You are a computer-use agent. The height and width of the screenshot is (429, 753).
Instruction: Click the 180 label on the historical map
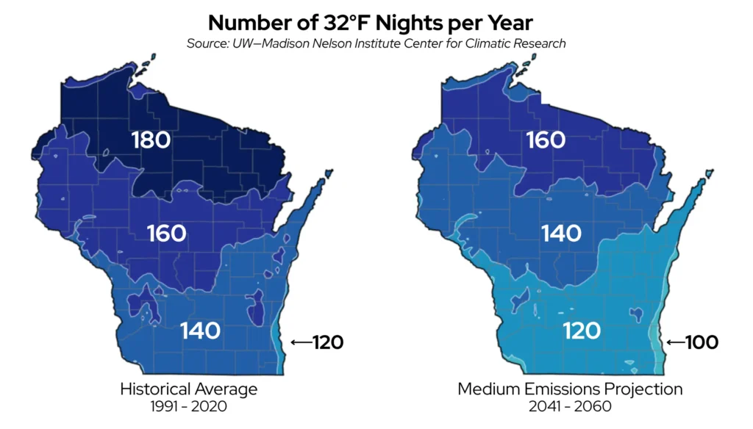[x=151, y=140]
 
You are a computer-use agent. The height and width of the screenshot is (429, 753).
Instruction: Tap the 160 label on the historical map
[x=166, y=234]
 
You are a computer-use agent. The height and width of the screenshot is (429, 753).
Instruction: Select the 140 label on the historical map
[x=200, y=330]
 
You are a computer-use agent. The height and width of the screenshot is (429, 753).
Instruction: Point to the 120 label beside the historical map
[x=327, y=342]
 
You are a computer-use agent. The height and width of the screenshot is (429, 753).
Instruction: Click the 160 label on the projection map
[x=546, y=140]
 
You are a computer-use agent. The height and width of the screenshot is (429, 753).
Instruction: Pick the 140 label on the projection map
[x=561, y=234]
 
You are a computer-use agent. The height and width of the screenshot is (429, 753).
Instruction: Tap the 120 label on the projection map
[x=582, y=330]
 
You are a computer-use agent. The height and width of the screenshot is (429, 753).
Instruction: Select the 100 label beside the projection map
[x=702, y=342]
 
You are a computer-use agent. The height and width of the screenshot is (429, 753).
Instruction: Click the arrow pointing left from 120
[x=301, y=342]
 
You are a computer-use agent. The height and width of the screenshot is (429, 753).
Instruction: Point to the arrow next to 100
[x=675, y=342]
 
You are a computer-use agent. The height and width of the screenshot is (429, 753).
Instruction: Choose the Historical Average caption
[x=189, y=389]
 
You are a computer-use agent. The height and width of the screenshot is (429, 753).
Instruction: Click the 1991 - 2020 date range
[x=189, y=405]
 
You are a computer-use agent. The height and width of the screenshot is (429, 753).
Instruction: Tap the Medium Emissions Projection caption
[x=570, y=389]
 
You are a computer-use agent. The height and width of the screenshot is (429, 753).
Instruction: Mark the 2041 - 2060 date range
[x=570, y=405]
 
